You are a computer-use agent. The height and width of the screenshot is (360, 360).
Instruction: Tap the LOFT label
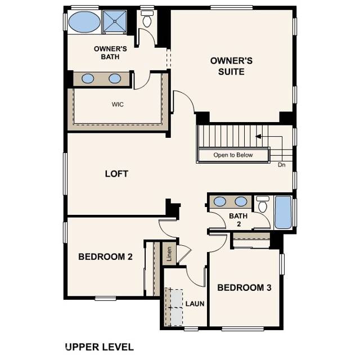click(116, 174)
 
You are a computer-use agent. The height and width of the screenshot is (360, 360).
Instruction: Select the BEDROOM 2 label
click(105, 257)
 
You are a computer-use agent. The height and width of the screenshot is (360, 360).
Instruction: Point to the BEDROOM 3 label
click(244, 288)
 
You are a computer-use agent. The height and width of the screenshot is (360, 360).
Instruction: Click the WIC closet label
click(118, 104)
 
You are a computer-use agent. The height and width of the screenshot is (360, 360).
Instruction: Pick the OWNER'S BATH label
click(110, 52)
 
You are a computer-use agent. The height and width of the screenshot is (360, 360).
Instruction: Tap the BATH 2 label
click(235, 220)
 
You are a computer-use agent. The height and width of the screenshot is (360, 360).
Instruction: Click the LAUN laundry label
click(195, 304)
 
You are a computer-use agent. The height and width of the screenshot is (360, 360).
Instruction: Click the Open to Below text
click(233, 155)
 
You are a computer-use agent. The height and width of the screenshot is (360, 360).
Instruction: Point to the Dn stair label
click(282, 165)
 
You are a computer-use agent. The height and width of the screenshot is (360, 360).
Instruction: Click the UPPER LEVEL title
click(99, 346)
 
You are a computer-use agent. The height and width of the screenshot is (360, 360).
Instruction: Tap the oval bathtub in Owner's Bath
click(83, 24)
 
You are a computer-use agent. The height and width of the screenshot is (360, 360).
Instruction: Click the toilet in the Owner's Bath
click(147, 21)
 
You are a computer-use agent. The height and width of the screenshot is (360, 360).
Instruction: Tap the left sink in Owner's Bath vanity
click(88, 79)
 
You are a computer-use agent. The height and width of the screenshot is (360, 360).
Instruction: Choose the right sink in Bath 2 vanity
click(241, 201)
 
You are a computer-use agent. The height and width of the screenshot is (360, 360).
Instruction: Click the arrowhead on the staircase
click(258, 136)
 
